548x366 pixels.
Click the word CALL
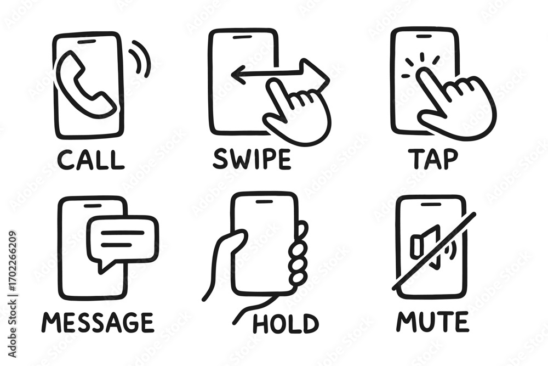tap(91, 160)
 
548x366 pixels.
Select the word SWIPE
tap(252, 159)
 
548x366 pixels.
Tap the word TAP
tap(433, 159)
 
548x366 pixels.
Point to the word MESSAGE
tap(98, 322)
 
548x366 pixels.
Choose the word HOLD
tap(286, 323)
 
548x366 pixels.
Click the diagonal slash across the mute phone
tap(433, 251)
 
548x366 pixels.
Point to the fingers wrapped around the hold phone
tap(299, 254)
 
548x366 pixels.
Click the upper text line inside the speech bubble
tap(122, 232)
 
